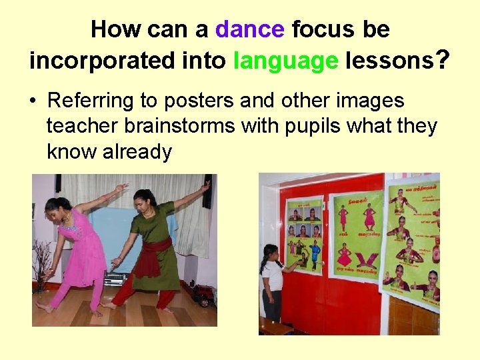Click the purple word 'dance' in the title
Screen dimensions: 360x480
click(x=250, y=29)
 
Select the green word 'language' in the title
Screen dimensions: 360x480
click(x=286, y=61)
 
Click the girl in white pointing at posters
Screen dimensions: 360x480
click(x=273, y=281)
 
